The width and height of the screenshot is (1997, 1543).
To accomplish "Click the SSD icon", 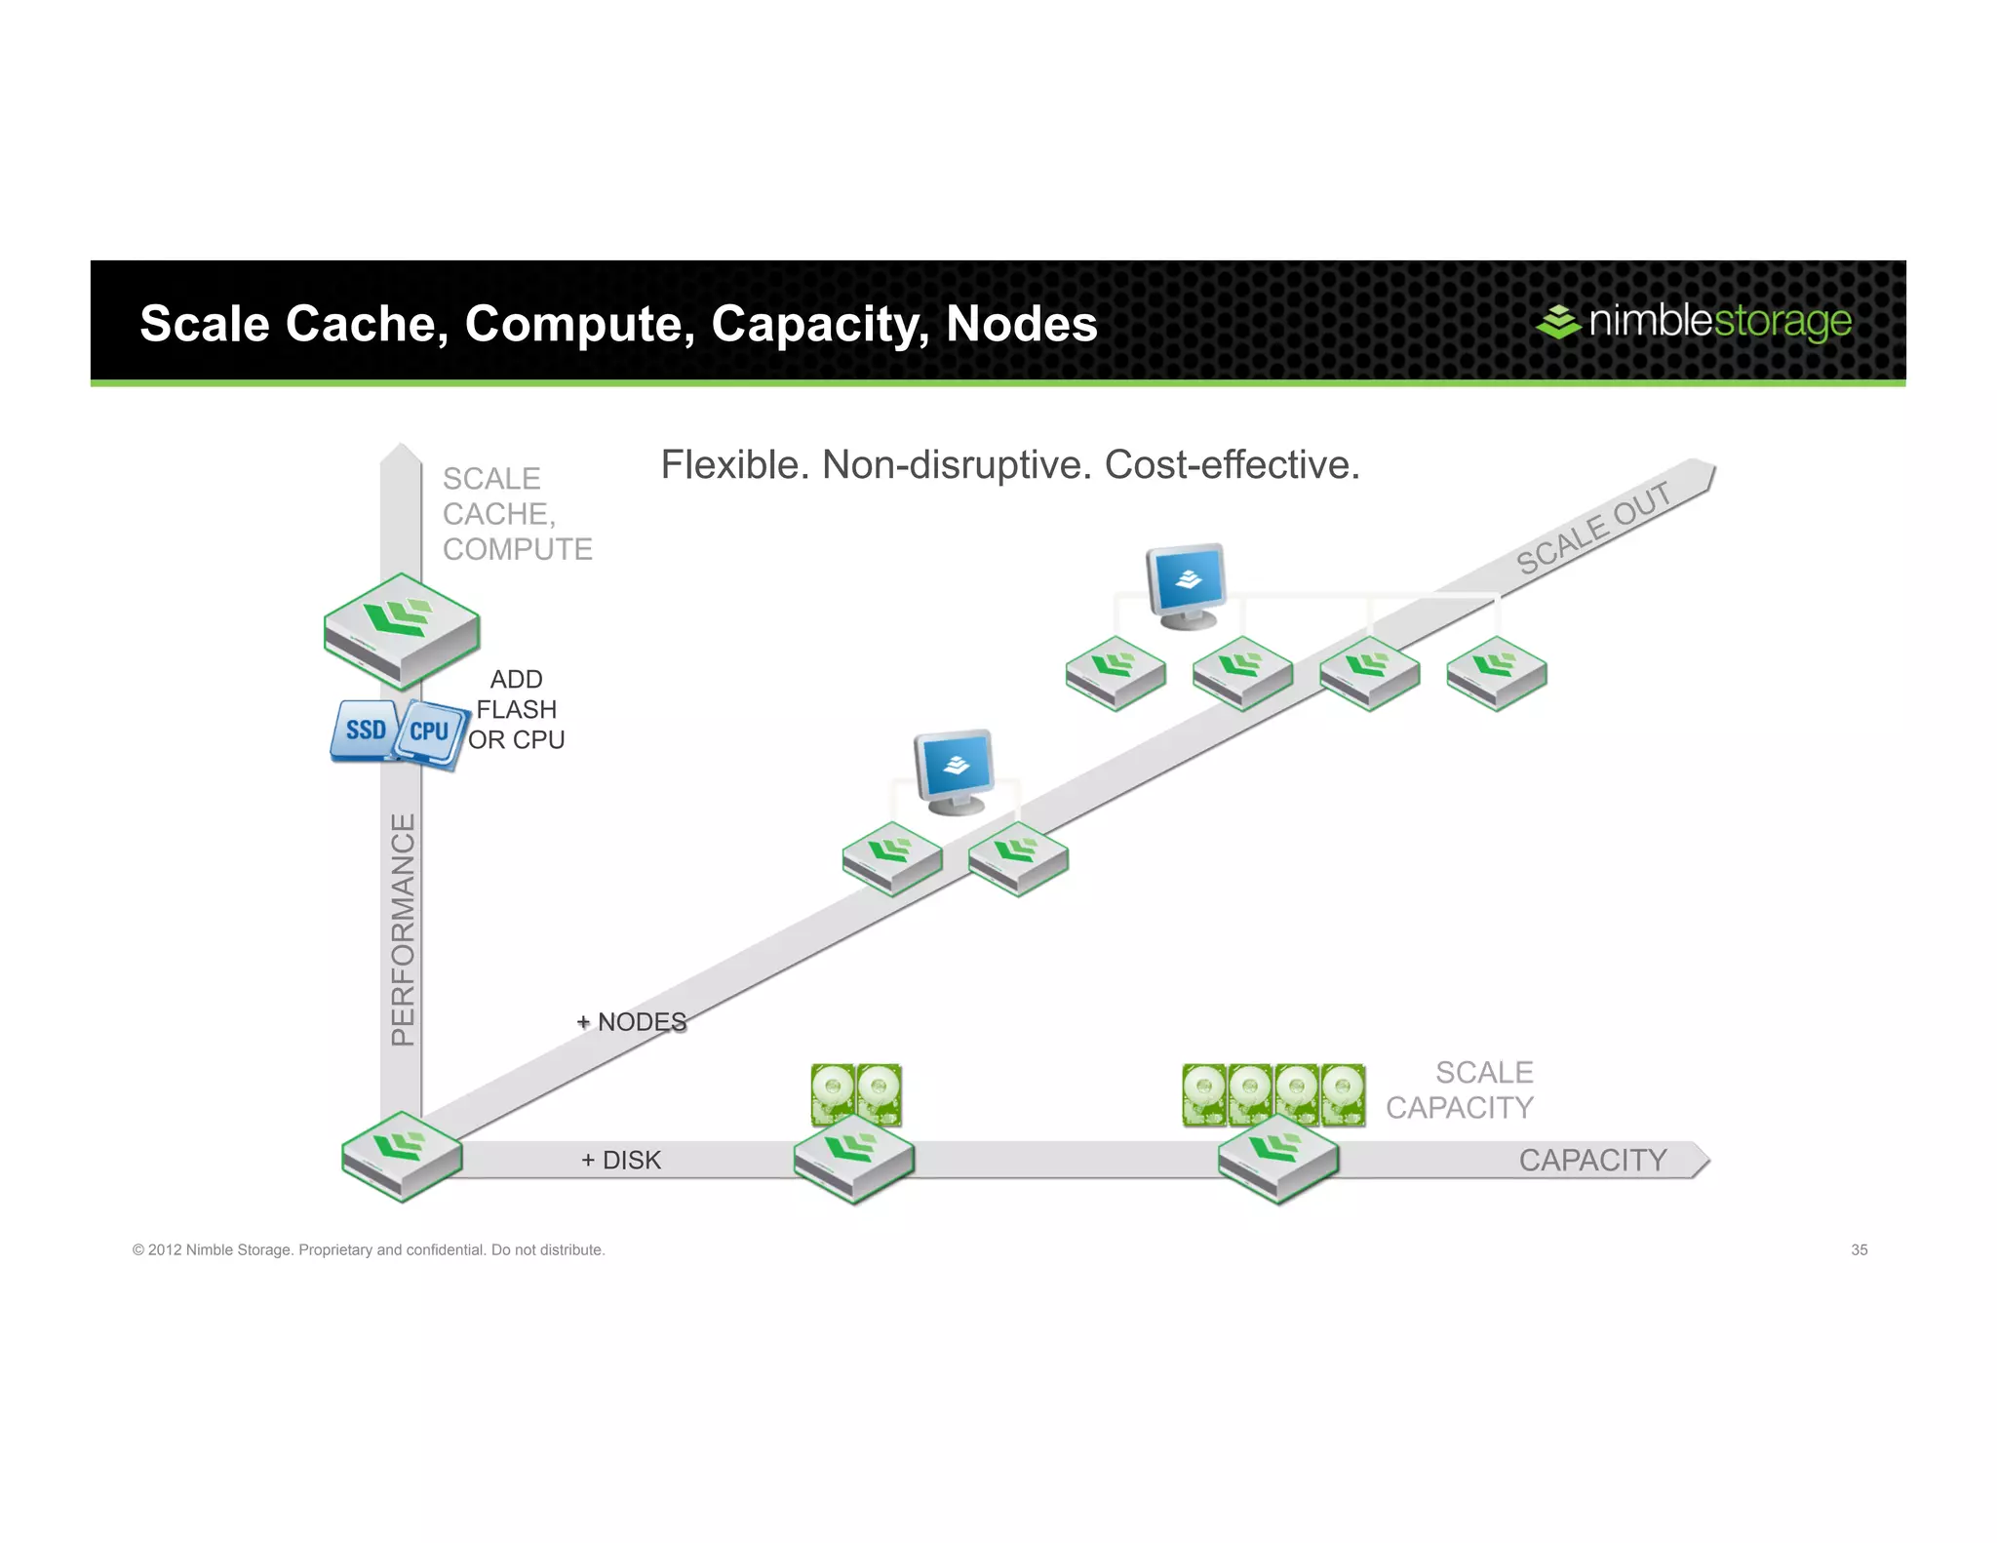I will click(365, 730).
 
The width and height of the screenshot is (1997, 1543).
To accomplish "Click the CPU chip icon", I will click(430, 732).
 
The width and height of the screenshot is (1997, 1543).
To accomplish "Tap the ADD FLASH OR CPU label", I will click(516, 709).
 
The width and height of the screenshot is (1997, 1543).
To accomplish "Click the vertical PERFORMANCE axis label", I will click(403, 929).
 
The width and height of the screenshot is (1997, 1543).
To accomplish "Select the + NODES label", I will click(631, 1022).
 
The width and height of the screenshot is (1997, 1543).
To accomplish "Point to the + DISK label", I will click(620, 1160).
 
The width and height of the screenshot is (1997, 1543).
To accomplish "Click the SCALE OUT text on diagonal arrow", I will click(1592, 528).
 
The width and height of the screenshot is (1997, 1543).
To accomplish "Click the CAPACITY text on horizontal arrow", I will click(1592, 1160).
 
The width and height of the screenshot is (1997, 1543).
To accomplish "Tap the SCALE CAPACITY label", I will click(1460, 1089).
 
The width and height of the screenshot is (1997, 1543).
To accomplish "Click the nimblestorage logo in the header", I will click(1694, 321).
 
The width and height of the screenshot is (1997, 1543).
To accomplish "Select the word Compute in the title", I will click(579, 324).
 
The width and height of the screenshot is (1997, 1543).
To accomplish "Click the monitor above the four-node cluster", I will click(1186, 585).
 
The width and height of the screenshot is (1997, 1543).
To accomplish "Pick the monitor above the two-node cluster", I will click(955, 771).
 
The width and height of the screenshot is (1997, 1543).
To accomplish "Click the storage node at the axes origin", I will click(402, 1156).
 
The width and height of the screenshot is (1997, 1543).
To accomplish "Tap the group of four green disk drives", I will click(1273, 1094).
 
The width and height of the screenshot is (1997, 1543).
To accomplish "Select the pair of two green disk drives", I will click(856, 1094).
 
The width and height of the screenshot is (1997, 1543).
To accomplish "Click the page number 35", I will click(1859, 1249).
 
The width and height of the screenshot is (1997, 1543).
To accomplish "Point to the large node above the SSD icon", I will click(402, 630).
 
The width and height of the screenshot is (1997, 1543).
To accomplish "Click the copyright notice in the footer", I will click(369, 1249).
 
